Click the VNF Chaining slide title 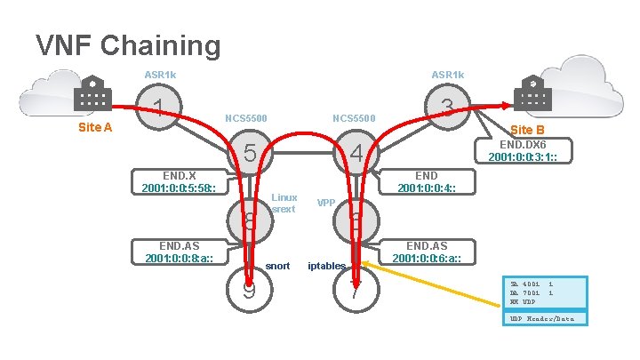click(x=127, y=44)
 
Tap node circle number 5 click(x=250, y=153)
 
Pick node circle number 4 click(x=356, y=153)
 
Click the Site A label click(x=95, y=127)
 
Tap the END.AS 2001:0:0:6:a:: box click(x=427, y=252)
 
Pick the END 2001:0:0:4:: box click(x=427, y=181)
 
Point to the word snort click(x=278, y=266)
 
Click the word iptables click(x=326, y=266)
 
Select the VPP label click(x=326, y=203)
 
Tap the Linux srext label click(x=284, y=203)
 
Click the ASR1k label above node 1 click(x=160, y=74)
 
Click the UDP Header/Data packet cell click(x=542, y=318)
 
